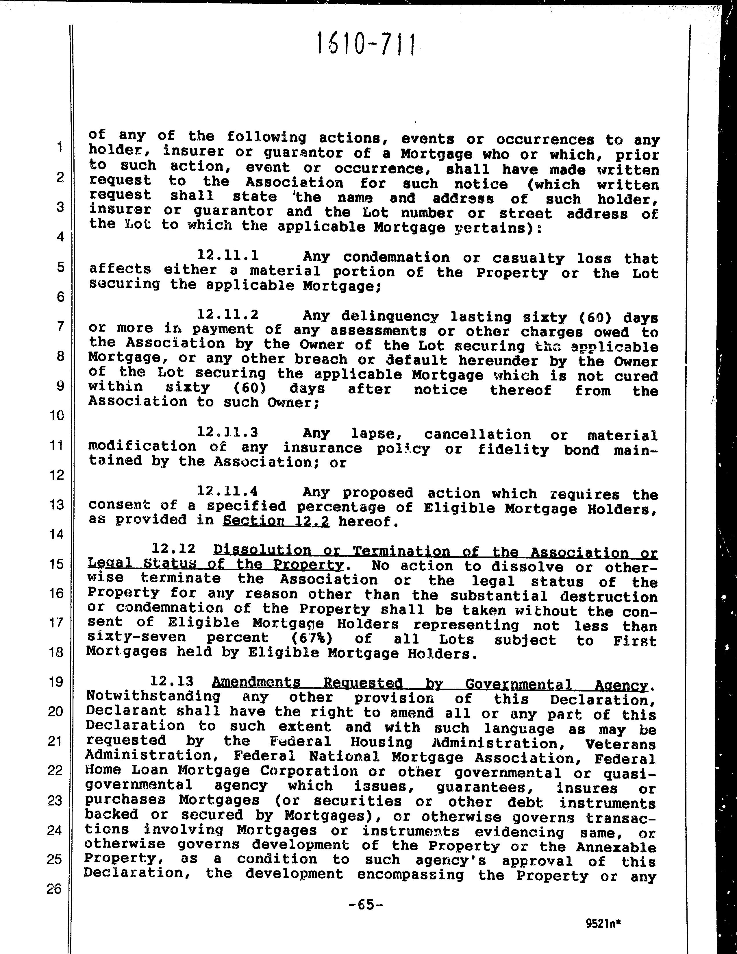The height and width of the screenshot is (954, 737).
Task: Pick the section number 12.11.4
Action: (x=228, y=491)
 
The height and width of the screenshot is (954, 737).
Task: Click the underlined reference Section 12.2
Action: (x=276, y=521)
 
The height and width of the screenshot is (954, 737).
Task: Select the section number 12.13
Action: (x=172, y=681)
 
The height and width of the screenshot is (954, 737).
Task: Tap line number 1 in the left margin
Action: (x=58, y=147)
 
